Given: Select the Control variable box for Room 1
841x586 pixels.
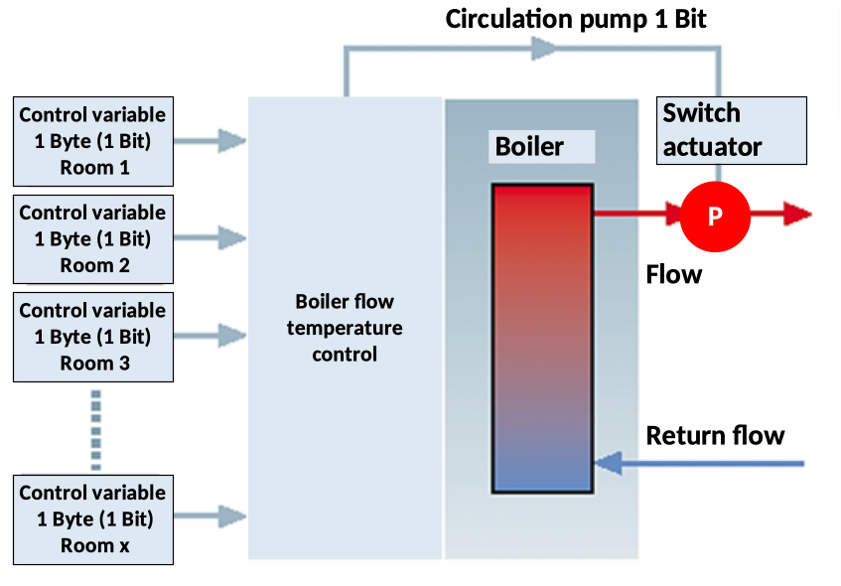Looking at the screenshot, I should point(93,140).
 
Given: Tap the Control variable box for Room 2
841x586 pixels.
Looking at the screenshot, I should point(93,238).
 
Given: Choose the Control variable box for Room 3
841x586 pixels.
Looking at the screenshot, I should point(93,337).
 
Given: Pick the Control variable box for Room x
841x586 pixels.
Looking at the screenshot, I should point(93,518).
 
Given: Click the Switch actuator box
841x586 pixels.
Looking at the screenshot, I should point(732,130).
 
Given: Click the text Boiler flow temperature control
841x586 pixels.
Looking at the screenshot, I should point(345,327).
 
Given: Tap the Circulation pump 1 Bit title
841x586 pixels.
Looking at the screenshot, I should point(576,18).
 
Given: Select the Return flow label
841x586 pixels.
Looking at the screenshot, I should point(715,435).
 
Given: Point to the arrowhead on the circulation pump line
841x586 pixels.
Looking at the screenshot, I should point(545,47).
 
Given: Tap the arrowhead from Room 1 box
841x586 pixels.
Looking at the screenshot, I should point(232,140).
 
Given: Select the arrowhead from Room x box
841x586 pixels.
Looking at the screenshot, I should point(232,515).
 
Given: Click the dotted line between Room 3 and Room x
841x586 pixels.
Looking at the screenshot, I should point(96,429).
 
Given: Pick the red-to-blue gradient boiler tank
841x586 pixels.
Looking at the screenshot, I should point(542,338).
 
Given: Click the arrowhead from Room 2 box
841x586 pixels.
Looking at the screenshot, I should point(232,237).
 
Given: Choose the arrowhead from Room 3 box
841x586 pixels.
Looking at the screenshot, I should point(232,335).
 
